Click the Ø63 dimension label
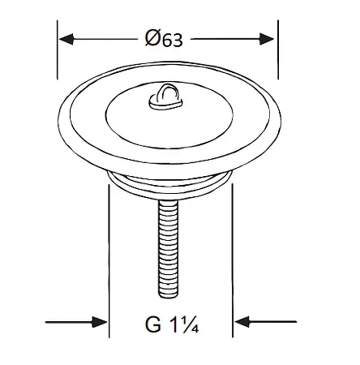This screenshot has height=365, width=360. (164, 38)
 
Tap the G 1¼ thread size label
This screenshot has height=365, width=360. (172, 324)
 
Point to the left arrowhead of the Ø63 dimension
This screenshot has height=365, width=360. (66, 39)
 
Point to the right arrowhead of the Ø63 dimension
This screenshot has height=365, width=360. (267, 39)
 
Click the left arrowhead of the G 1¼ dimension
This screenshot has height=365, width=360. (100, 322)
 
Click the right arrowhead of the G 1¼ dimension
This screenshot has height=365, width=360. (242, 322)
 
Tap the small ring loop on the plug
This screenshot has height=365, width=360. (165, 97)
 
